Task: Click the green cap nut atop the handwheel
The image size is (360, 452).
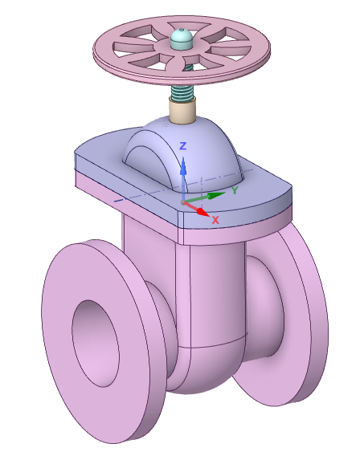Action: click(x=182, y=38)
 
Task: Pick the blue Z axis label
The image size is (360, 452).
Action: click(x=183, y=146)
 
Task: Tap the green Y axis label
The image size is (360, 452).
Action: click(x=234, y=190)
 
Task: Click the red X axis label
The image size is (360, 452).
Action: click(x=215, y=219)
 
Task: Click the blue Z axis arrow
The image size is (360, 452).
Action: click(x=183, y=170)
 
